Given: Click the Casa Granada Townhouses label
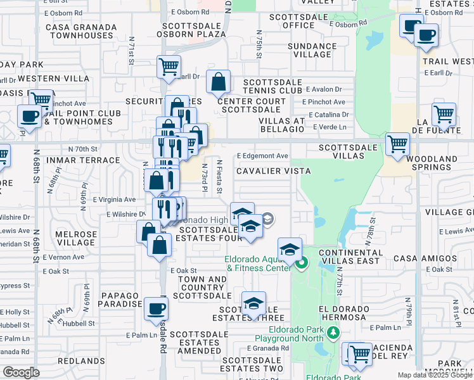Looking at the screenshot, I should pos(81,31).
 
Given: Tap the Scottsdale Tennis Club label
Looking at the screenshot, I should pos(272,87).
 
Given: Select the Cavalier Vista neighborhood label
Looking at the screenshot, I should pos(273,171).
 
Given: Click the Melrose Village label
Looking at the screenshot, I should pos(76,238).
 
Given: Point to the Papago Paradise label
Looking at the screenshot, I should pos(118,300).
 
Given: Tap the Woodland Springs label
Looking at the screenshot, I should pos(432,163).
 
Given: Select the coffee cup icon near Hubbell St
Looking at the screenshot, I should pos(156,309).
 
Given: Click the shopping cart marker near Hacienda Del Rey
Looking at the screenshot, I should pos(360,353).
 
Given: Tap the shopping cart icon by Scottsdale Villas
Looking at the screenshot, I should pos(397,143).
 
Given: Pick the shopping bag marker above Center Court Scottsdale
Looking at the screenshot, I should pos(218,81).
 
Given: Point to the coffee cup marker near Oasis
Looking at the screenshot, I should pos(29,116).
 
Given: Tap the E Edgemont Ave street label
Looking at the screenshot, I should pos(262,156).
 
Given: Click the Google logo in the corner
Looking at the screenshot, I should pos(21,372).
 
